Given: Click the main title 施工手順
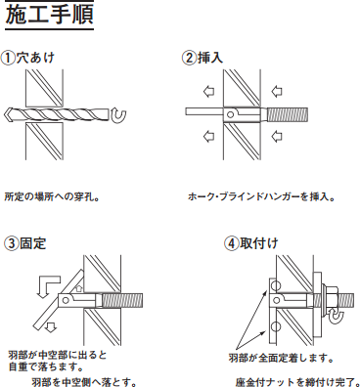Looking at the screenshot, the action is point(50,15).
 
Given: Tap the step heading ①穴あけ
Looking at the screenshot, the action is point(27,58).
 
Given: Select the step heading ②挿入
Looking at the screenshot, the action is point(202,58).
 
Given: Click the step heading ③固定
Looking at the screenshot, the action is point(24,243).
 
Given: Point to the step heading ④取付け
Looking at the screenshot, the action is point(250,243).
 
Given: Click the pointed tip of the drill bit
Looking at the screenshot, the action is point(5,114).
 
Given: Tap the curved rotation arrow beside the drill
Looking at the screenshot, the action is point(118,116).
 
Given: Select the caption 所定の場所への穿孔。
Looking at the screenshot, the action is point(52,197).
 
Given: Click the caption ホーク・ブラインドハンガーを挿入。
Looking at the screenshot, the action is point(261,196).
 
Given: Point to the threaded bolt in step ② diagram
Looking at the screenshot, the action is point(287,115).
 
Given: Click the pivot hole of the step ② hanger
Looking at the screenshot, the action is point(231,114).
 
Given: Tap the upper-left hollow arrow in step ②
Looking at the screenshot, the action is point(208,91).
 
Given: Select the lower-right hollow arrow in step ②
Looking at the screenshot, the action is point(277,136).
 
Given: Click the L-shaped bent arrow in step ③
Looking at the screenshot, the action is point(48,285).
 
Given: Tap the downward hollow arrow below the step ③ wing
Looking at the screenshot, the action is point(50,326).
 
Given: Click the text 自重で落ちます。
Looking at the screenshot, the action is point(45,366).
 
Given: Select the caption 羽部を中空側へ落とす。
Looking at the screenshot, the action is point(83,381).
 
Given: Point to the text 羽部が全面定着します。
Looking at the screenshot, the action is point(281,359).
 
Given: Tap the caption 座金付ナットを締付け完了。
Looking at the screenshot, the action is point(297,381).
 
